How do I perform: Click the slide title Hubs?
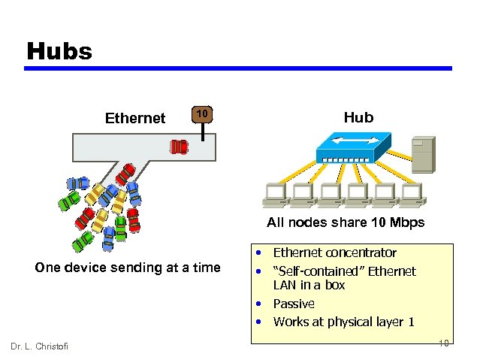pos(59,51)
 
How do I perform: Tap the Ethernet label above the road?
pos(135,118)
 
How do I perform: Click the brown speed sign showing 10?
pos(201,113)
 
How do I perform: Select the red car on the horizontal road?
pos(179,146)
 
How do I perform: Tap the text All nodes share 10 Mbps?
pos(346,222)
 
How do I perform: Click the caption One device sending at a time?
pos(128,268)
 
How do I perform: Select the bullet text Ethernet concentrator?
pos(334,253)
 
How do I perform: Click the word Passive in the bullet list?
pos(294,304)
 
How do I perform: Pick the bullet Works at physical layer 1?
pos(343,322)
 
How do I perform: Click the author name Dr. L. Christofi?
pos(39,346)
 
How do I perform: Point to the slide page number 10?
pos(444,343)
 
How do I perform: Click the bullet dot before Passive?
pos(258,304)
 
